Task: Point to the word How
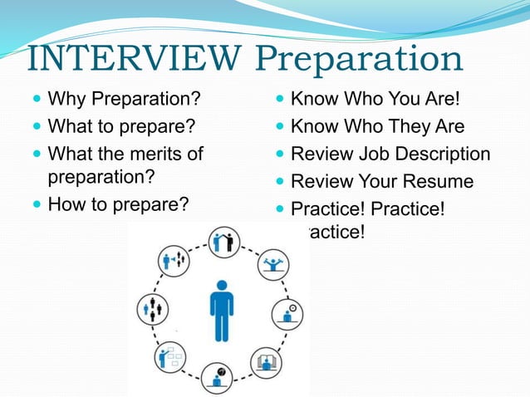pos(67,203)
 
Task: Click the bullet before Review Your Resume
pos(281,181)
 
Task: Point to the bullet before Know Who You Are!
pos(281,101)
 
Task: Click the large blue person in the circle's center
pos(221,310)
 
